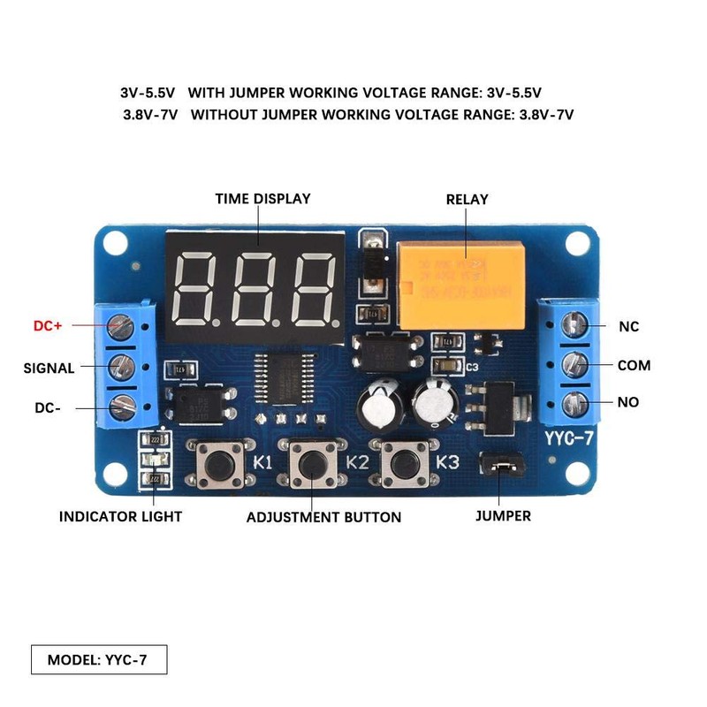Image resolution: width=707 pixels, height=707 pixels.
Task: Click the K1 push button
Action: [x=217, y=461]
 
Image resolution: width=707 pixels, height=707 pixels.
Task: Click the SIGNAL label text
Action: [x=49, y=368]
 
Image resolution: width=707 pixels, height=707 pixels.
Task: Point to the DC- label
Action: [x=46, y=409]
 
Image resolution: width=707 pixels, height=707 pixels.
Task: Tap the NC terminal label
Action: [x=628, y=326]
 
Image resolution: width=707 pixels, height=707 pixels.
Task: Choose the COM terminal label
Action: [x=634, y=365]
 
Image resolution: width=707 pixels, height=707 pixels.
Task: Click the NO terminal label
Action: [x=628, y=402]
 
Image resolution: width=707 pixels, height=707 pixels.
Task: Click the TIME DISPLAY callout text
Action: [x=262, y=199]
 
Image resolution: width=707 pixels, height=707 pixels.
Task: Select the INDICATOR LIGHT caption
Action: [x=120, y=516]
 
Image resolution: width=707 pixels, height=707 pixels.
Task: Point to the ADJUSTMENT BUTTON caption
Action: [x=323, y=517]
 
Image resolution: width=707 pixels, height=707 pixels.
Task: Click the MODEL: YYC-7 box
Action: [x=97, y=659]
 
